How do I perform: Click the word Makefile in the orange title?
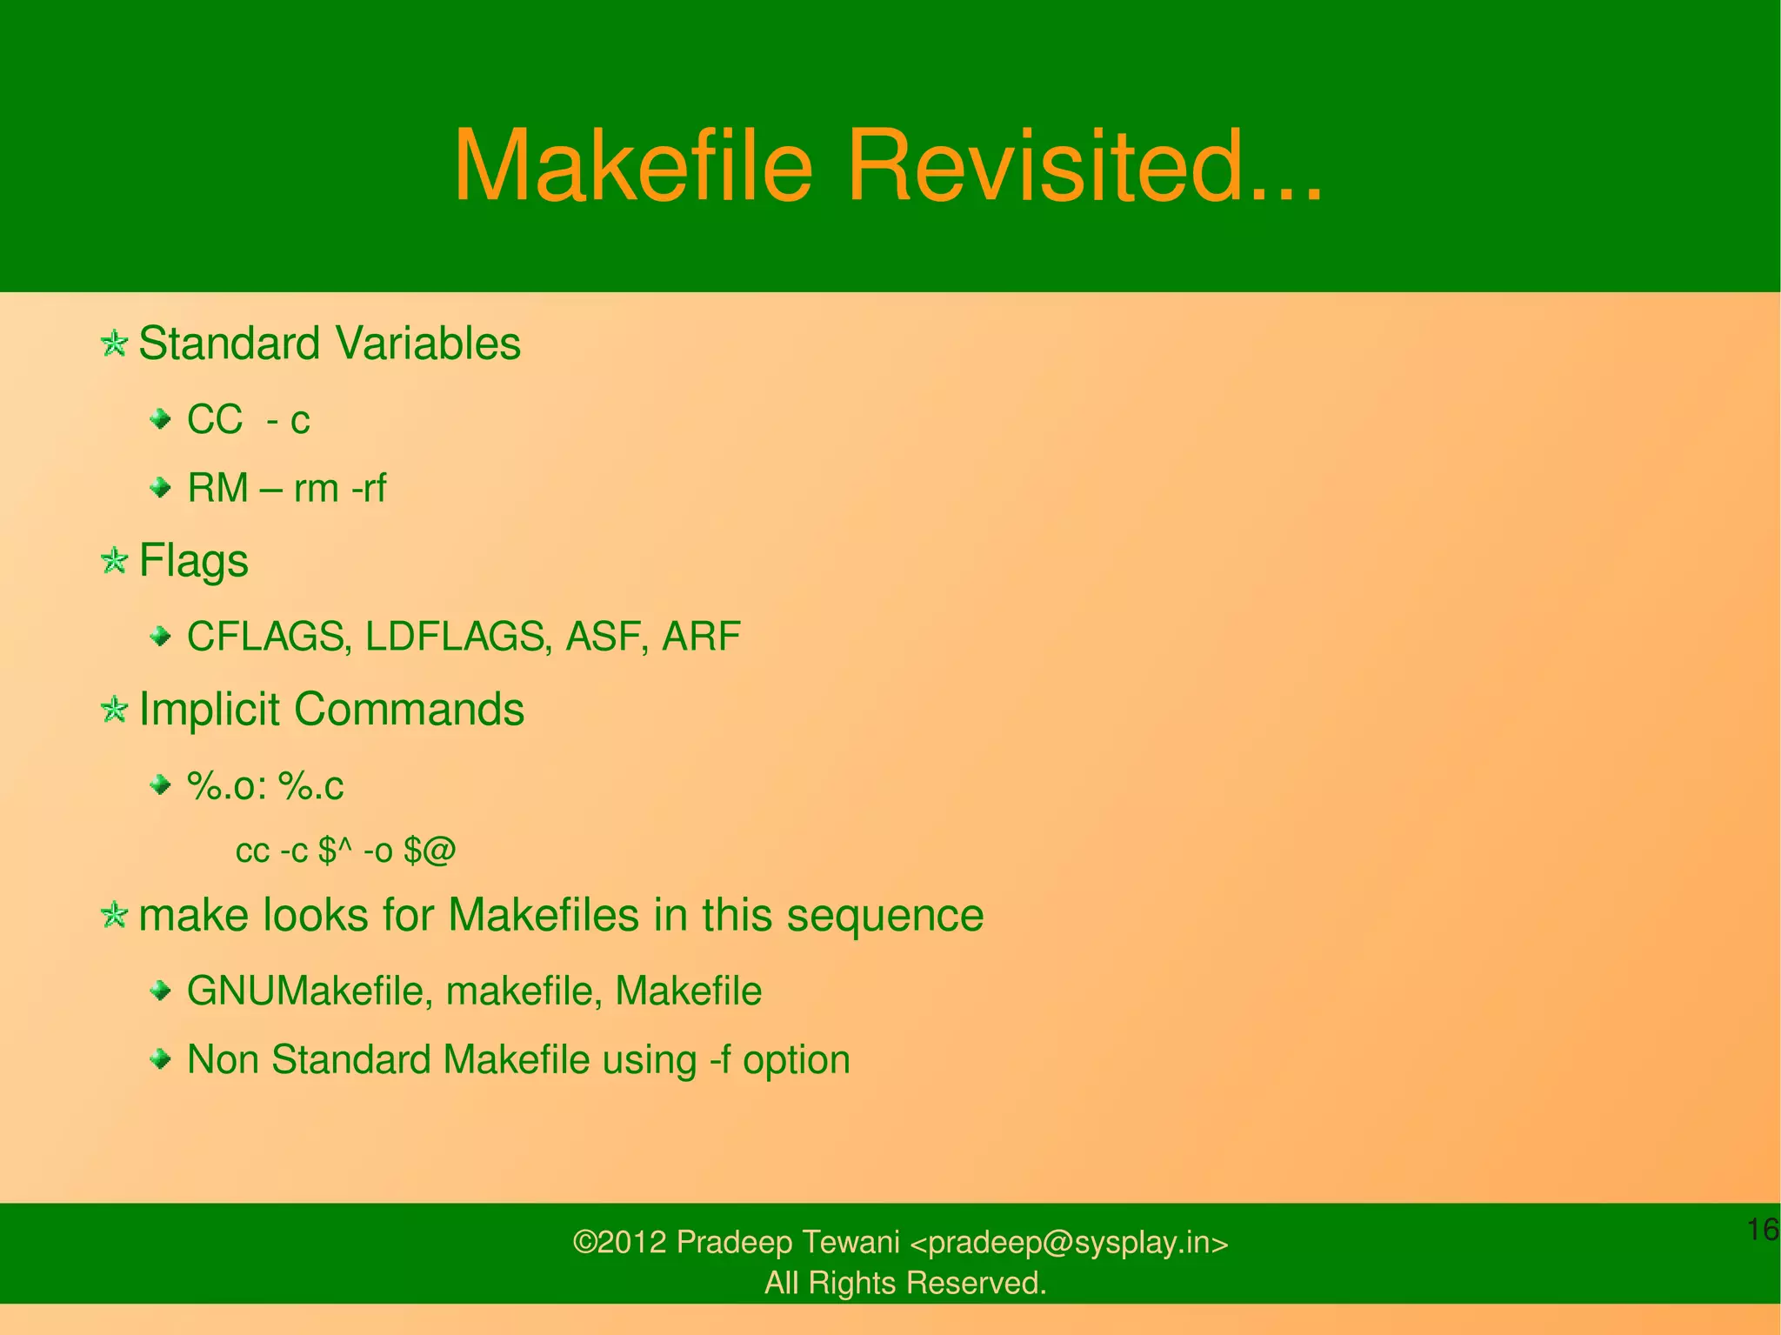(x=633, y=165)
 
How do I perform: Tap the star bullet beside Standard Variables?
(x=114, y=344)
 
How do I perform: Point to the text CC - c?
(x=249, y=420)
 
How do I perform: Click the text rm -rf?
(x=340, y=488)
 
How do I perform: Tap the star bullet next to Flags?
(x=114, y=561)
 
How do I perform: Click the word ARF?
(x=701, y=637)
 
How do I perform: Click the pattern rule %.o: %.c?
(x=265, y=786)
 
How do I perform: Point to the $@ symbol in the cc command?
(x=430, y=851)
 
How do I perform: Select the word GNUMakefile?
(x=304, y=991)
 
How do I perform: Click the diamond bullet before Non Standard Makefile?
(x=160, y=1058)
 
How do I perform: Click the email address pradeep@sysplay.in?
(x=1069, y=1243)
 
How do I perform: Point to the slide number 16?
(x=1762, y=1230)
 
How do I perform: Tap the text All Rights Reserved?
(x=904, y=1283)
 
